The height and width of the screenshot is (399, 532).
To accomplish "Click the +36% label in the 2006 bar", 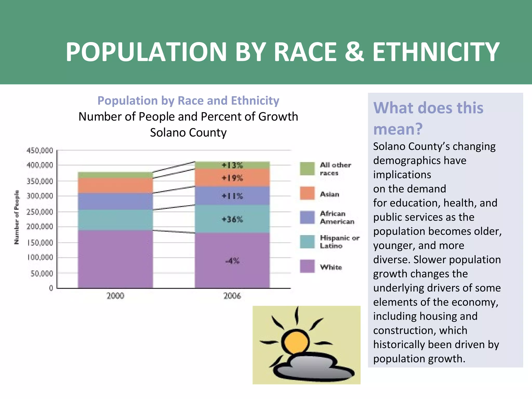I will [232, 220].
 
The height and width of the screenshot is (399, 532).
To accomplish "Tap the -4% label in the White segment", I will [232, 261].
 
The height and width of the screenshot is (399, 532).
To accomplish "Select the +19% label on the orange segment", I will [232, 178].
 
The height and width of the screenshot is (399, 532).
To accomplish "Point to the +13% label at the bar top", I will [232, 165].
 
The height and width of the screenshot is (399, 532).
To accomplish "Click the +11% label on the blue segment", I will [232, 196].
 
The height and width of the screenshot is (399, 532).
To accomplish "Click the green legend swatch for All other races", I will [307, 169].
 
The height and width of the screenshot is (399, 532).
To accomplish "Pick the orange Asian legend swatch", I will [307, 193].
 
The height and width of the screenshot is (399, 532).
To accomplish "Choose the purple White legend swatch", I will [307, 266].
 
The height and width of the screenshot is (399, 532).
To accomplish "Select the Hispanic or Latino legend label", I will [339, 242].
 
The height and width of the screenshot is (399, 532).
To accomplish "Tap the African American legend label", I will [337, 217].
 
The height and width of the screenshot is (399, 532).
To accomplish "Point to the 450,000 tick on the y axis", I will [40, 150].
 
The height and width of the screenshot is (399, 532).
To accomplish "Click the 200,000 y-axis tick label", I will [40, 227].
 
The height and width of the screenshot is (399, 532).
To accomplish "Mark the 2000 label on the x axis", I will [115, 296].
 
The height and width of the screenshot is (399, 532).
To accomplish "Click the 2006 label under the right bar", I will [232, 296].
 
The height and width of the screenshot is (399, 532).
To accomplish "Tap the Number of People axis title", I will [17, 217].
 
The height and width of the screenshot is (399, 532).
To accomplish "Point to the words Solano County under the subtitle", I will [188, 132].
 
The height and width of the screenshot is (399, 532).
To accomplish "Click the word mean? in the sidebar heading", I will [398, 129].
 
